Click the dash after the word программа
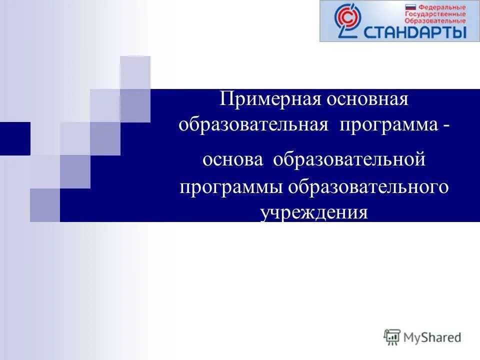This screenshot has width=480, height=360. (445, 124)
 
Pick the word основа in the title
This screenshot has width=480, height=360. (232, 160)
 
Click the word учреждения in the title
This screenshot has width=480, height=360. (314, 213)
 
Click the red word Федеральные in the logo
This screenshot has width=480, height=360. (441, 7)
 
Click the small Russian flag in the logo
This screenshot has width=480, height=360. (410, 7)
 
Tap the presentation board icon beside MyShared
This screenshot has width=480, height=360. (392, 337)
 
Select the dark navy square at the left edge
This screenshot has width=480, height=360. (15, 138)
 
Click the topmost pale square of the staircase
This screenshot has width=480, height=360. (135, 72)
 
